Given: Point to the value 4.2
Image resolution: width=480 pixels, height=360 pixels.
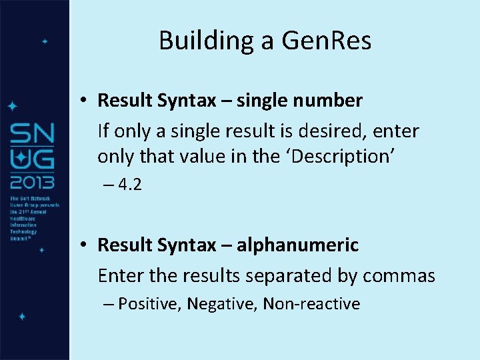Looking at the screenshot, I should pos(129,185).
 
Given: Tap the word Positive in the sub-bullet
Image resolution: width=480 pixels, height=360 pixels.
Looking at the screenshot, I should pos(151,305).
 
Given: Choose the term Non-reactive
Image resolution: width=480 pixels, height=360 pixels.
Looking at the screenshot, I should pos(311,305).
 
